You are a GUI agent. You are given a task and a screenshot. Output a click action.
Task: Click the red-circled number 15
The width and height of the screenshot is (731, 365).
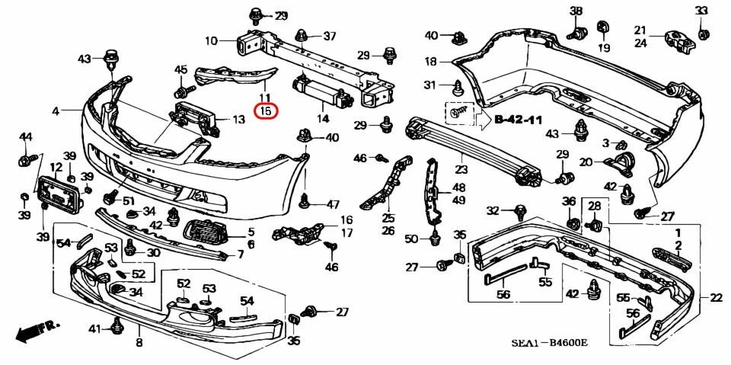(x=266, y=111)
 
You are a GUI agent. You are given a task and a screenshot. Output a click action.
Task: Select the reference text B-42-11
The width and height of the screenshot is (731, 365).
(x=519, y=120)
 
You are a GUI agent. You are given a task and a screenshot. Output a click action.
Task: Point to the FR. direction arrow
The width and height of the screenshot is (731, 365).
(x=37, y=329)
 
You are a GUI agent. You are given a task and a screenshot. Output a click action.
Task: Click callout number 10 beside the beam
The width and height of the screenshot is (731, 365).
(x=210, y=40)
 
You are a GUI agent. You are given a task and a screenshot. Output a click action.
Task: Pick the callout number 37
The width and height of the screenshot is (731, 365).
(x=329, y=36)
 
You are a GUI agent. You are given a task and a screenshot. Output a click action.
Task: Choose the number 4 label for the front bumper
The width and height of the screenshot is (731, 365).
(x=56, y=112)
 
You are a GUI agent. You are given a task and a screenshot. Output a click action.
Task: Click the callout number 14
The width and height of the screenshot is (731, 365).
(x=323, y=119)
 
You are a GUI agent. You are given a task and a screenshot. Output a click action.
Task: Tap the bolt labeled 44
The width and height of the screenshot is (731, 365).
(x=24, y=160)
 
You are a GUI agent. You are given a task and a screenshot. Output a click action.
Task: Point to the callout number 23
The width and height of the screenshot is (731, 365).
(x=461, y=171)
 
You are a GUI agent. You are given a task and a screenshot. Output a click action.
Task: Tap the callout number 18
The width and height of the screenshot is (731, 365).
(x=430, y=61)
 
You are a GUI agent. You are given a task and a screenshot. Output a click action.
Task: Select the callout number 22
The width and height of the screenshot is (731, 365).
(x=716, y=298)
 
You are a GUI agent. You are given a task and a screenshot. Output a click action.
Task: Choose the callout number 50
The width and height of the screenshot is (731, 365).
(x=411, y=239)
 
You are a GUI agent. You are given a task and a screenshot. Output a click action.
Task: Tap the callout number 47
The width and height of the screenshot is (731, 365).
(x=333, y=204)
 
